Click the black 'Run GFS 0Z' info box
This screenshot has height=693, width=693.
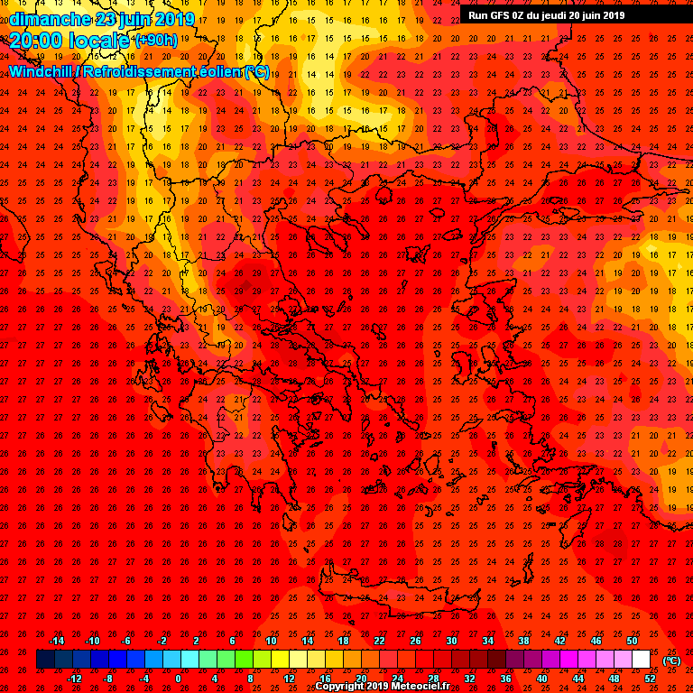click(547, 14)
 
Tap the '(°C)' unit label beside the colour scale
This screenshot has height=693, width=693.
click(671, 661)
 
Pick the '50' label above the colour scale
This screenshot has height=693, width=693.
click(632, 641)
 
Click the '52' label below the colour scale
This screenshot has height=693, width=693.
click(649, 678)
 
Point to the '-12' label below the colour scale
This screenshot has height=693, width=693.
click(74, 678)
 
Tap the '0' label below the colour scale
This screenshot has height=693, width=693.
click(178, 678)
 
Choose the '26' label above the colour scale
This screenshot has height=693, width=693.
click(415, 641)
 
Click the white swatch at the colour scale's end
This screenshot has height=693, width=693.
click(641, 660)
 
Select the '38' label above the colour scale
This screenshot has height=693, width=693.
click(523, 641)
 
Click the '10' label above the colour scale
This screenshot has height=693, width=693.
click(271, 641)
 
